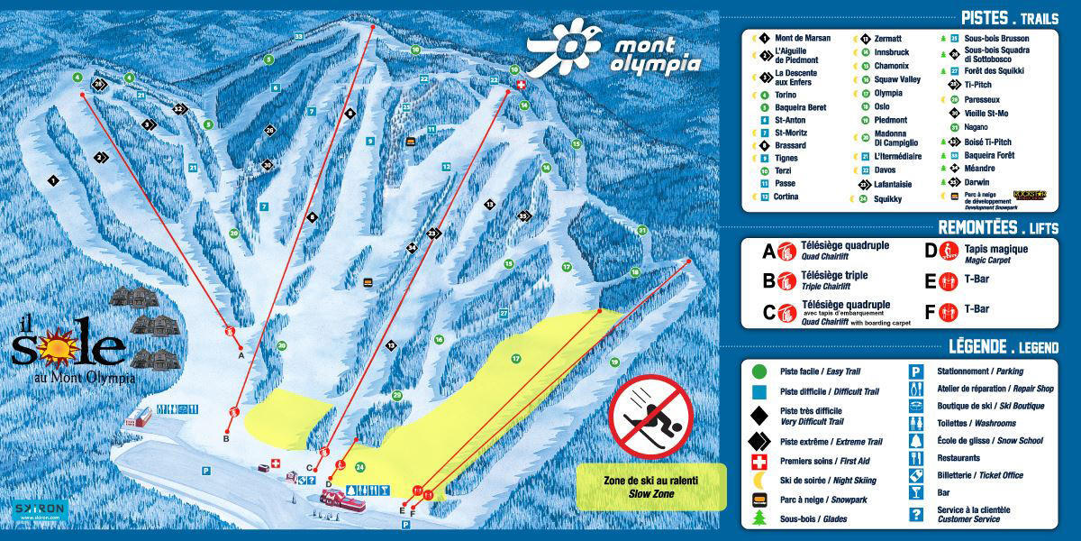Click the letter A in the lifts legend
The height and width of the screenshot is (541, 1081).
point(768,252)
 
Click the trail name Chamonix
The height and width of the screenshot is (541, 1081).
point(891,66)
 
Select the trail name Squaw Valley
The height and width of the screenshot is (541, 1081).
point(897,79)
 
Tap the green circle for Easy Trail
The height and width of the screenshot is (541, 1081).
point(759,371)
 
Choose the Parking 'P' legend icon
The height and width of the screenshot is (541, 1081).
point(916,371)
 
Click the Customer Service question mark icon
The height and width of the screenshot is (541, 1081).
point(916,514)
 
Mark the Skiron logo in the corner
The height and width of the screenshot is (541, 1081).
point(40,510)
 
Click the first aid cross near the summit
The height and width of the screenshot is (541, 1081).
point(519,84)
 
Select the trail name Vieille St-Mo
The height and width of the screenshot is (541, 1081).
point(987,113)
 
